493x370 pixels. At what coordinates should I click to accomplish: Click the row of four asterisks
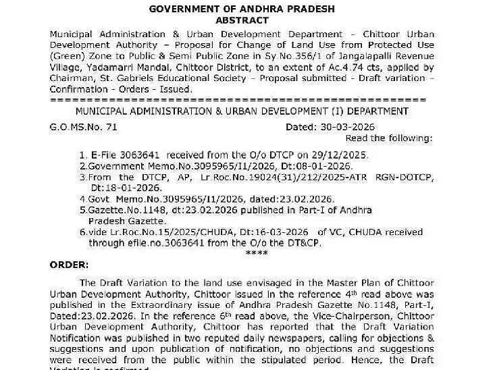pyautogui.click(x=256, y=253)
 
